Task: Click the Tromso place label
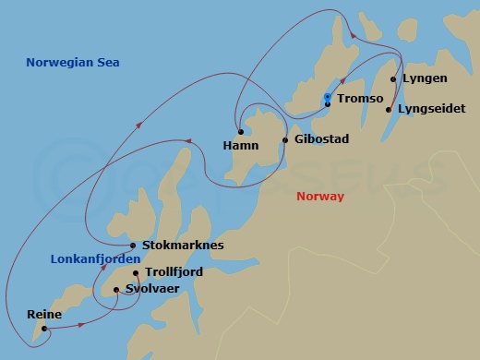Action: coord(359,98)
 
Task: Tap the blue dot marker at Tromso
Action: coord(328,97)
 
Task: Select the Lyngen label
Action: coord(425,79)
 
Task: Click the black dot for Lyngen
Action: coord(394,79)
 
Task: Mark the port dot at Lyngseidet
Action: coord(389,110)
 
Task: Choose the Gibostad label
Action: coord(323,140)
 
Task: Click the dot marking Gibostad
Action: coord(285,140)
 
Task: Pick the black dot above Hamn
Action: coord(240,131)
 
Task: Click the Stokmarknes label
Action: coord(183,246)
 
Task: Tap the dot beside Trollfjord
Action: coord(136,273)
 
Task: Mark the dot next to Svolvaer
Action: coord(116,290)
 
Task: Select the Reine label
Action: coord(43,315)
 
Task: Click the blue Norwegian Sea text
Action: coord(73,62)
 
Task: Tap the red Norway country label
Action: coord(320,197)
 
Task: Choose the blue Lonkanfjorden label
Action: coord(90,260)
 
